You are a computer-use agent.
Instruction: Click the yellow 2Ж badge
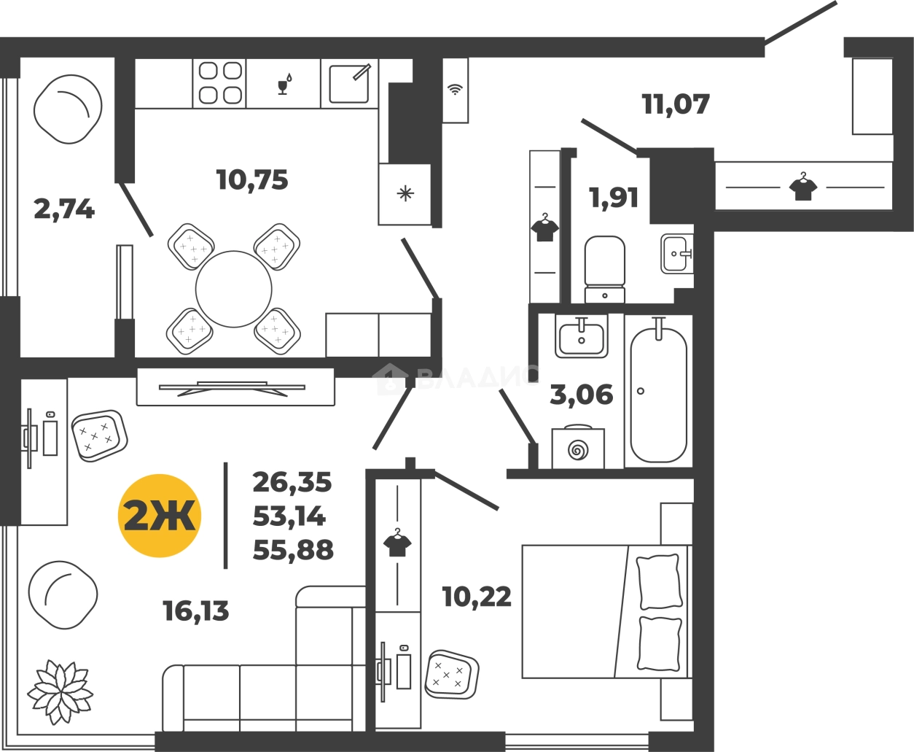click(160, 516)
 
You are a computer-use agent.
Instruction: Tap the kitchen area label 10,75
click(252, 180)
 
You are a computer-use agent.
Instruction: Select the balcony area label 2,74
click(64, 209)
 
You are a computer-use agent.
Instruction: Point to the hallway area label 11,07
click(676, 104)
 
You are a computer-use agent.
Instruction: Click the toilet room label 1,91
click(614, 197)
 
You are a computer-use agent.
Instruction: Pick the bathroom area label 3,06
click(582, 394)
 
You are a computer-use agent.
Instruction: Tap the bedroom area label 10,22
click(477, 597)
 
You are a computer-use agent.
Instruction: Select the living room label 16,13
click(196, 611)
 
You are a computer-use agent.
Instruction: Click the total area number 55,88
click(293, 550)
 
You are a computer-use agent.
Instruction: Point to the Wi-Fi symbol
click(455, 90)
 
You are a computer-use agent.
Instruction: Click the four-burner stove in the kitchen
click(219, 83)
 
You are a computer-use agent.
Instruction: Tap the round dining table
click(233, 290)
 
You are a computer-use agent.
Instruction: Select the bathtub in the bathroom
click(658, 394)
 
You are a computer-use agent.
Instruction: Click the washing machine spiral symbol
click(578, 451)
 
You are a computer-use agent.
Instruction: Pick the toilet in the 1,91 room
click(604, 269)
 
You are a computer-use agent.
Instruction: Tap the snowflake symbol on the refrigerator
click(405, 194)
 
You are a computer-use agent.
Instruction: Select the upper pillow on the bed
click(658, 581)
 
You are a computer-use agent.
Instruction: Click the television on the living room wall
click(233, 388)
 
